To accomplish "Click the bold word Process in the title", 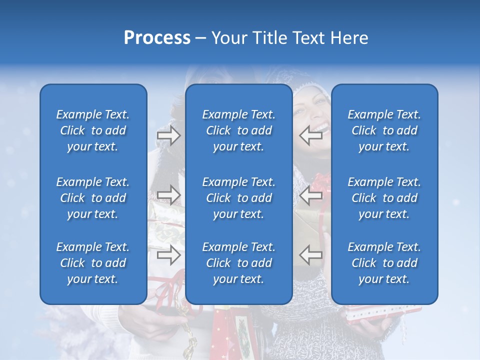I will click(157, 38).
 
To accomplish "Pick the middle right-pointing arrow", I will click(168, 195).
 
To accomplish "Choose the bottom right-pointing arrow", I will click(168, 255).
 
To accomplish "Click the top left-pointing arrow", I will click(311, 134).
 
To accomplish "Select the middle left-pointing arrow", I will click(311, 195).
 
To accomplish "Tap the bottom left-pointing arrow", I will click(311, 255).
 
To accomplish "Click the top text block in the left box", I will click(93, 130).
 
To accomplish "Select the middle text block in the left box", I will click(93, 198).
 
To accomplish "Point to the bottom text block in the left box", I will click(93, 263).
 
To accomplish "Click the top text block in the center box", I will click(238, 130).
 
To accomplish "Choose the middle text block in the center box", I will click(238, 198).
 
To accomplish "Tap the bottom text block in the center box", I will click(238, 263).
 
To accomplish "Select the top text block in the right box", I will click(384, 130).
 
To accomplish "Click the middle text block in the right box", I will click(384, 198).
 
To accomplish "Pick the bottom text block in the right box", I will click(384, 263).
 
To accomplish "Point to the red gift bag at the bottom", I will click(222, 332).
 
